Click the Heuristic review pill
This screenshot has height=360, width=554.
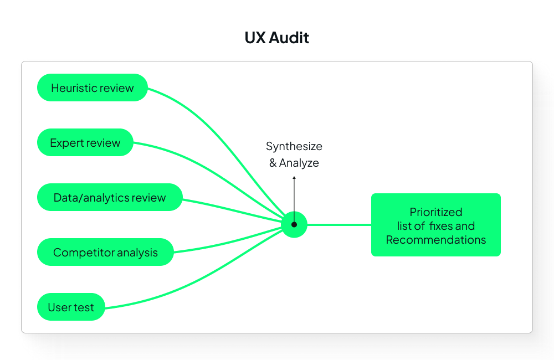[x=93, y=88]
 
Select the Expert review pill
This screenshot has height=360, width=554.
[x=85, y=142]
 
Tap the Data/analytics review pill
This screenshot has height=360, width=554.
[x=110, y=197]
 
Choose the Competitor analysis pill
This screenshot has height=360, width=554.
[x=105, y=252]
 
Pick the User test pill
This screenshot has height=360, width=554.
[x=71, y=307]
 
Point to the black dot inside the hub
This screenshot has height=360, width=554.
[x=294, y=224]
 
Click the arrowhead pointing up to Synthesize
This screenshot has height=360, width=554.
[x=294, y=178]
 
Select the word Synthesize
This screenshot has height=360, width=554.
[x=294, y=146]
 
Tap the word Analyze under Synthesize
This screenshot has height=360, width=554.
[x=299, y=163]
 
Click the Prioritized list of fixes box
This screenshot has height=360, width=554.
[x=436, y=225]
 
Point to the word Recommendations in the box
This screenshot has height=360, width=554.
[x=436, y=240]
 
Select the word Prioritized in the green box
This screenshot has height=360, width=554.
[x=436, y=212]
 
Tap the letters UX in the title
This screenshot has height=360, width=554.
[x=255, y=38]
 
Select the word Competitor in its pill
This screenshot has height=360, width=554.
[x=78, y=252]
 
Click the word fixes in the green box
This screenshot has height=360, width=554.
[x=441, y=226]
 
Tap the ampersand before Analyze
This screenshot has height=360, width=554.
[x=273, y=163]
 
